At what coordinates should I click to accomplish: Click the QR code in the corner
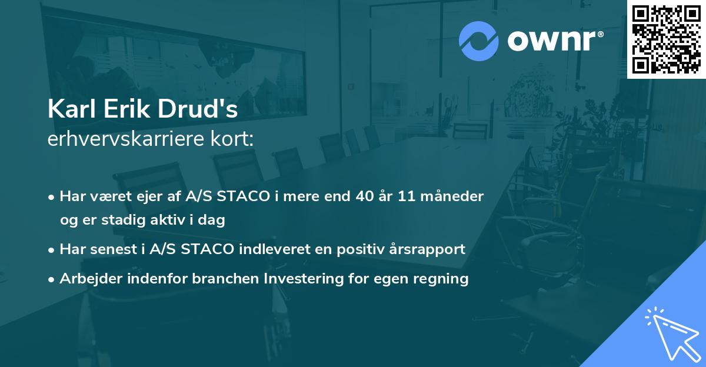[x=666, y=39]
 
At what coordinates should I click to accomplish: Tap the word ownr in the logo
[x=554, y=41]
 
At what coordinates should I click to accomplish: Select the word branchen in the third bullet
[x=223, y=279]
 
